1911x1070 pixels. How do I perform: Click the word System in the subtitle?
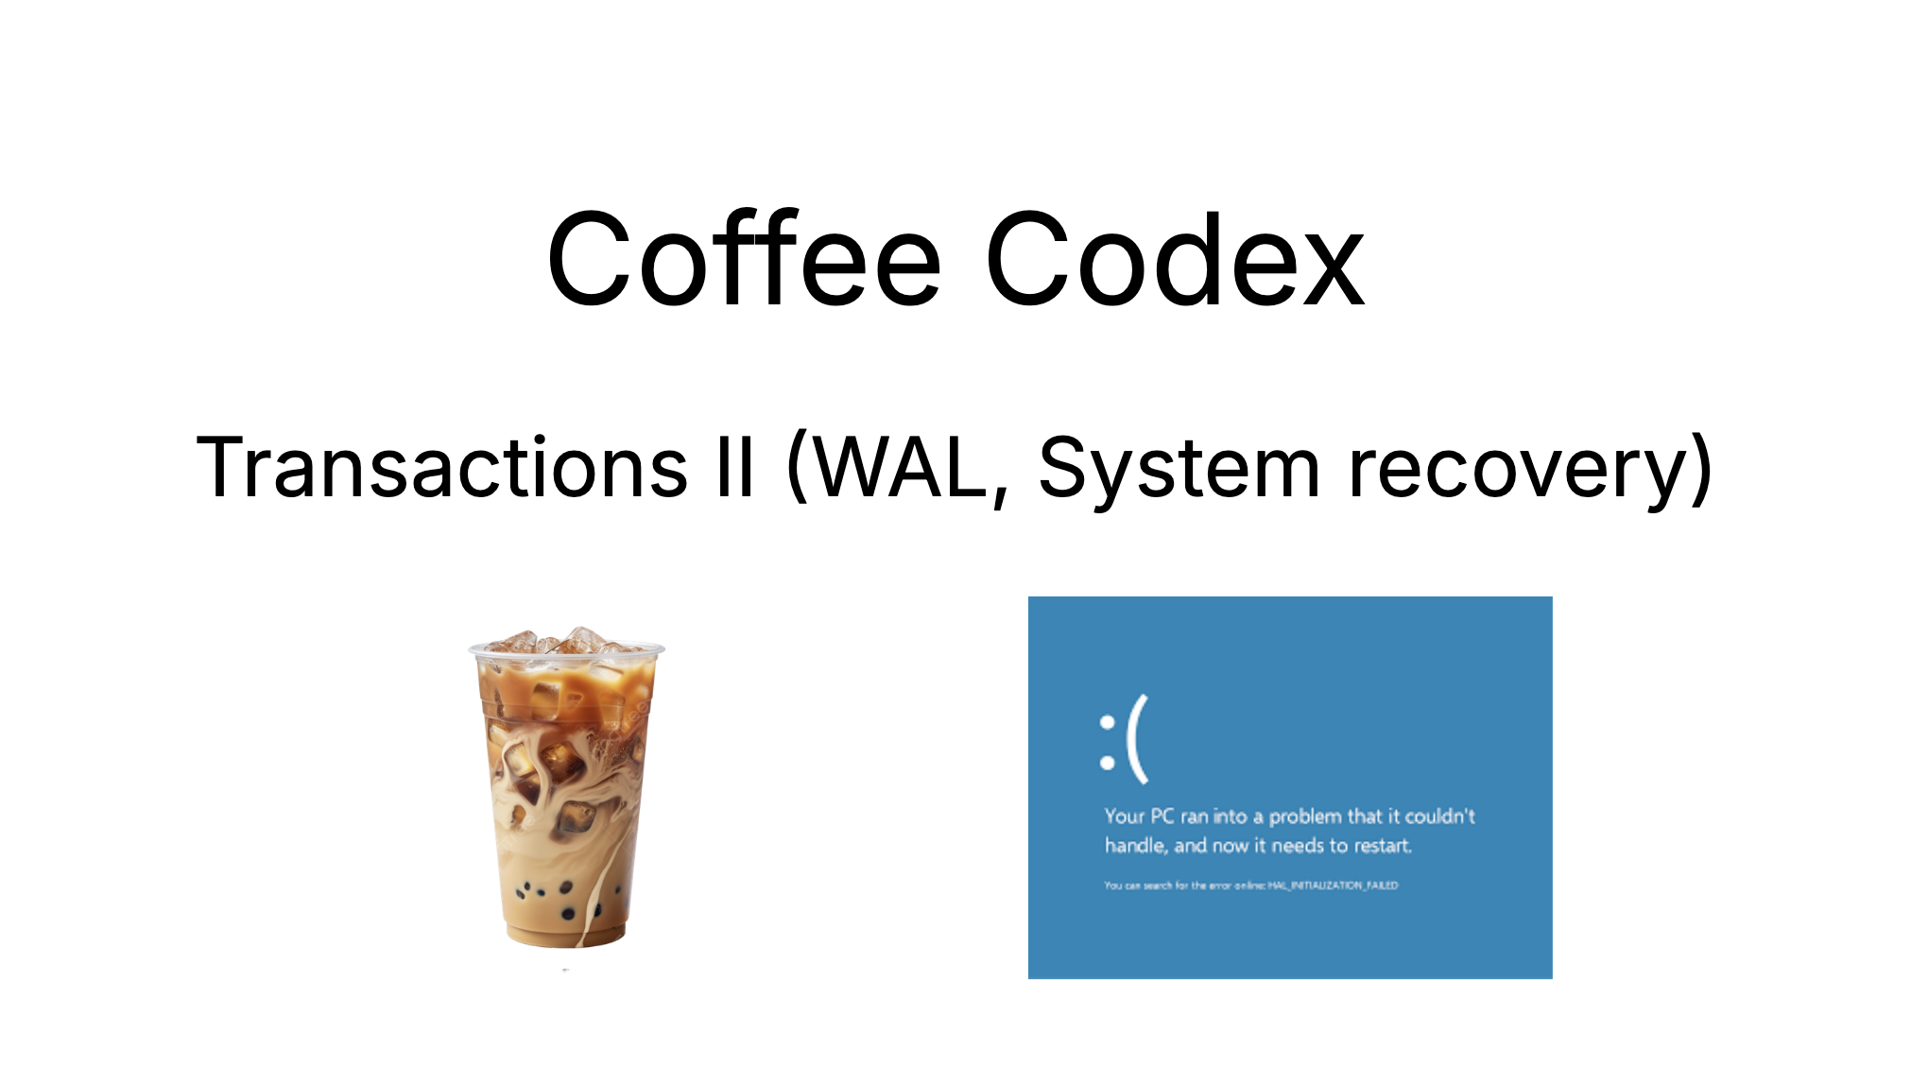click(1179, 469)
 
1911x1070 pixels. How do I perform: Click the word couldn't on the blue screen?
click(1439, 817)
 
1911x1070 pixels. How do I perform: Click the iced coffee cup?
click(566, 794)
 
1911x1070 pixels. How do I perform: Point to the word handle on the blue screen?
click(1134, 846)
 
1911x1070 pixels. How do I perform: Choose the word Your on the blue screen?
click(1124, 817)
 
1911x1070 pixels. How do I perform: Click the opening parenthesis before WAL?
click(797, 467)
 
